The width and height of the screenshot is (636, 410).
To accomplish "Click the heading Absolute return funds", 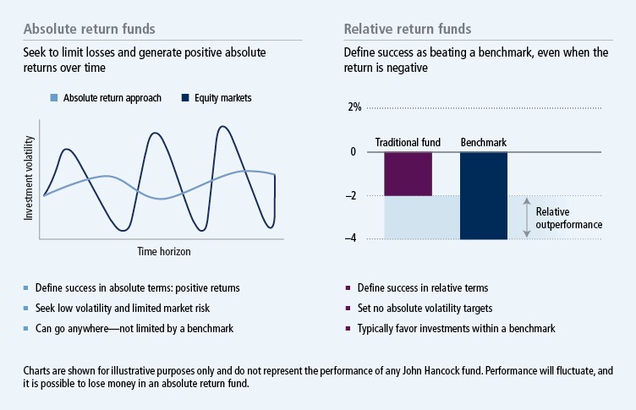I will pos(89,30).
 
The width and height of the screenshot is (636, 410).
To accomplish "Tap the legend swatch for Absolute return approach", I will pos(54,98).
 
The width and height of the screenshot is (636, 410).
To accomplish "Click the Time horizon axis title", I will pos(163,252).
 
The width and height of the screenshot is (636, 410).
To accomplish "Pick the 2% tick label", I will pos(354,107).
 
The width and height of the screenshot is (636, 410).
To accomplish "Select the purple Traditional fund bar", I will pos(408,173).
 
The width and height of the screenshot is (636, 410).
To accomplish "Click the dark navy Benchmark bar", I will pos(483,195).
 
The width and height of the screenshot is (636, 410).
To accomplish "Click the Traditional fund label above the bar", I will pos(408,143).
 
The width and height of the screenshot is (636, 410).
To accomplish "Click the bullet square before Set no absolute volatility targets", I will pos(348,308).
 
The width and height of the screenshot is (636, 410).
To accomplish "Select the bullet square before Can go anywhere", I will pos(27,327).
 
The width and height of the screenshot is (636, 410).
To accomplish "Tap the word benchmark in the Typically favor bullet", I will pos(531,327).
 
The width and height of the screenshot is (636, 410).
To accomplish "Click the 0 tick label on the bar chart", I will pos(354,152).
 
